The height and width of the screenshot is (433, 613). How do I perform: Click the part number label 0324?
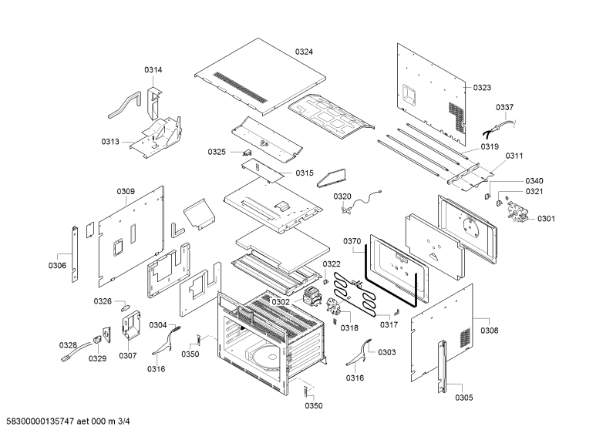[x=304, y=52]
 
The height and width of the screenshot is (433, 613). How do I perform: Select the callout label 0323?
[x=482, y=88]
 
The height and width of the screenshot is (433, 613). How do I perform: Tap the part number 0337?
[x=505, y=107]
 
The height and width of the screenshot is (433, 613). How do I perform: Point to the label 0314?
[x=153, y=69]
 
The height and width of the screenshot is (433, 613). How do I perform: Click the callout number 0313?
[x=110, y=142]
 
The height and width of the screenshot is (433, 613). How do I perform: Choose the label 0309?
[x=126, y=191]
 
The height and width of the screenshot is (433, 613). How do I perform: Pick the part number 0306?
[x=57, y=266]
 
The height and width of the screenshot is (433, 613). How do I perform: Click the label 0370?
[x=352, y=241]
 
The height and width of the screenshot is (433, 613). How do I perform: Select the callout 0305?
[x=464, y=398]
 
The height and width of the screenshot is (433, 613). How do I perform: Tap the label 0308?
[x=490, y=331]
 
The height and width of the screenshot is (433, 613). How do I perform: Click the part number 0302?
[x=281, y=302]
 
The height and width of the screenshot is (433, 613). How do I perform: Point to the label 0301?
[x=546, y=219]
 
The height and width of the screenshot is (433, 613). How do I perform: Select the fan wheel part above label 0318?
[x=335, y=304]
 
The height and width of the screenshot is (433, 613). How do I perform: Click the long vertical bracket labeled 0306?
[x=75, y=253]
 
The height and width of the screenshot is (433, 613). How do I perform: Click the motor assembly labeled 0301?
[x=517, y=212]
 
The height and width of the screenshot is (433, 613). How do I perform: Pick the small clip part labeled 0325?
[x=246, y=152]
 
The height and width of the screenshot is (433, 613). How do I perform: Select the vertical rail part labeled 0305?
[x=442, y=367]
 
